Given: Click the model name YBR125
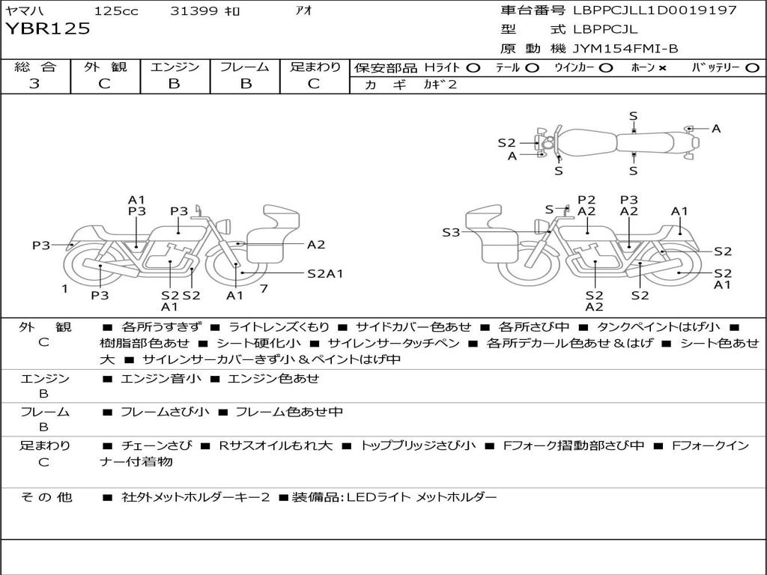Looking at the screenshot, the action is click(x=48, y=29).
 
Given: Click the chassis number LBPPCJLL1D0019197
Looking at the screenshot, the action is click(x=655, y=10).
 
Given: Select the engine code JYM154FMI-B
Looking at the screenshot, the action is click(x=625, y=49).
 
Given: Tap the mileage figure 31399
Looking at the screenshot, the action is click(x=194, y=10).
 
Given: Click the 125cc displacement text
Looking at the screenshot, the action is click(x=116, y=10).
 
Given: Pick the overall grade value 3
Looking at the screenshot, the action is click(x=34, y=83).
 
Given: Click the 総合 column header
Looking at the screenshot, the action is click(x=35, y=67).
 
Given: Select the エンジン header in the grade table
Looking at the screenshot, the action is click(x=175, y=67).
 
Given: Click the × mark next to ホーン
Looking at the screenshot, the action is click(x=662, y=68).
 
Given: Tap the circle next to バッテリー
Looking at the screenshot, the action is click(x=752, y=68).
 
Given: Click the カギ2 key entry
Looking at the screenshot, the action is click(x=440, y=84).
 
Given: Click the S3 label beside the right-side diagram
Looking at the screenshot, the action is click(x=451, y=232).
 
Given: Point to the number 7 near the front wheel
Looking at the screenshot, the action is click(x=264, y=288).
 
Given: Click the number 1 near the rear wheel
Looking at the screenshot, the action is click(x=64, y=289).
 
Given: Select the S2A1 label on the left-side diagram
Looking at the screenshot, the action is click(x=325, y=274).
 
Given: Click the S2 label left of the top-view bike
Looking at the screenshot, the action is click(x=507, y=143).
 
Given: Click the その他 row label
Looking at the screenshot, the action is click(x=46, y=497).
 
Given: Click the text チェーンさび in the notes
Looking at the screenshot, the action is click(x=157, y=445).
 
